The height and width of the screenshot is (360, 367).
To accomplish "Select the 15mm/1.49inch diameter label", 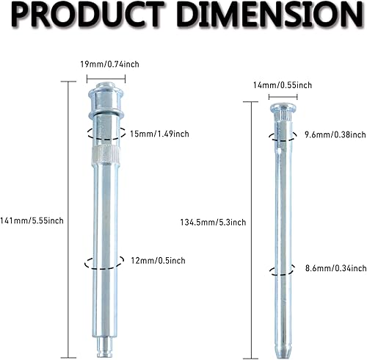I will (x=159, y=134).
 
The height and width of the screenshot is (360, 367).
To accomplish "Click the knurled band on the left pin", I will (x=105, y=155).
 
